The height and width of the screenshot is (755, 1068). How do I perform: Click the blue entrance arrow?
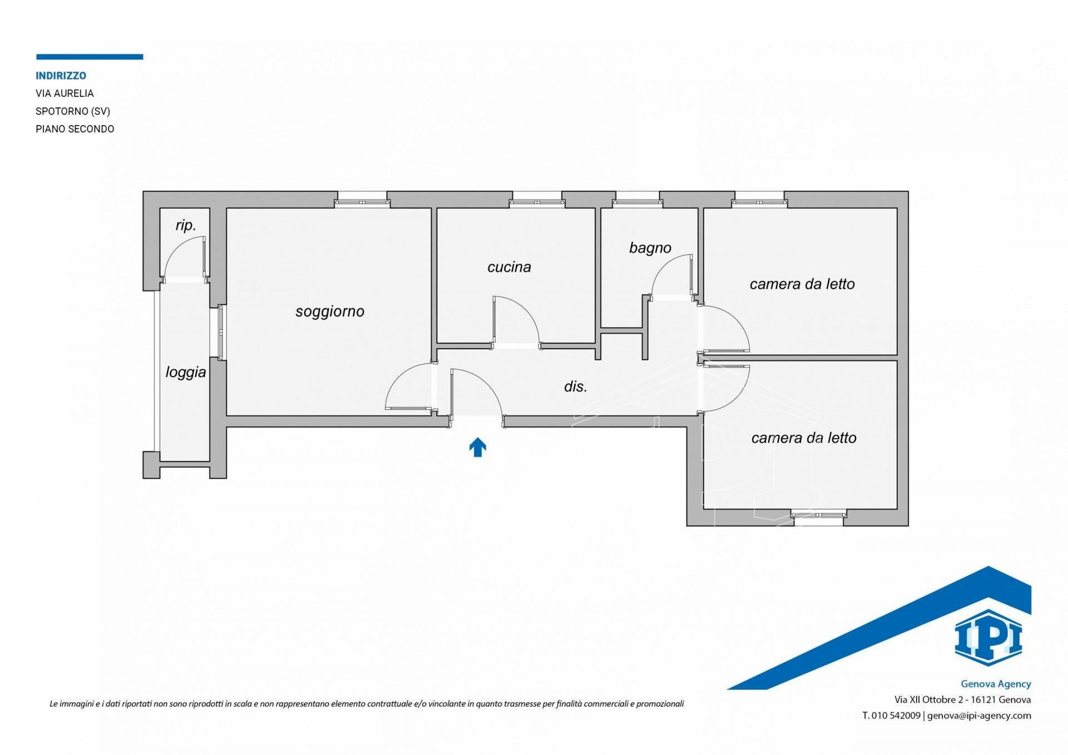pos(478,447)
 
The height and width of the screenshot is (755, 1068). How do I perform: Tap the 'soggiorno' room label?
pos(330,311)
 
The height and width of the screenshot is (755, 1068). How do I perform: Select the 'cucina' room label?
pos(509,267)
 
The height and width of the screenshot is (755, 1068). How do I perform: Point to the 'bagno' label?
pos(650,248)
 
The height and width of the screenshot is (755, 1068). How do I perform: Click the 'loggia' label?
pos(186,372)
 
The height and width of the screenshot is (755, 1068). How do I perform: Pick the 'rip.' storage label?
pos(186,225)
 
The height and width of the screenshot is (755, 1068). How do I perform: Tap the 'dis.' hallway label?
pos(576,386)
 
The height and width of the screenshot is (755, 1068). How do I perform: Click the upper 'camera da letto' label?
pos(802,284)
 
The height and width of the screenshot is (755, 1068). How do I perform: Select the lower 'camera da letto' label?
pos(804,438)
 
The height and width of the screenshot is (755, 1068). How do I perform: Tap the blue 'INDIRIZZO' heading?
pos(61,76)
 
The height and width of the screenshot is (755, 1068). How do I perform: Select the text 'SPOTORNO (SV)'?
pos(73,111)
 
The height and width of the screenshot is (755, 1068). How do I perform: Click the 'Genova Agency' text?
pos(996,684)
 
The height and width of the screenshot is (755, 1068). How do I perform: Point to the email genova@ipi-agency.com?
pos(979,716)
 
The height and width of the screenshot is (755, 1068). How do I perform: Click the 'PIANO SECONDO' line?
pos(75,129)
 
